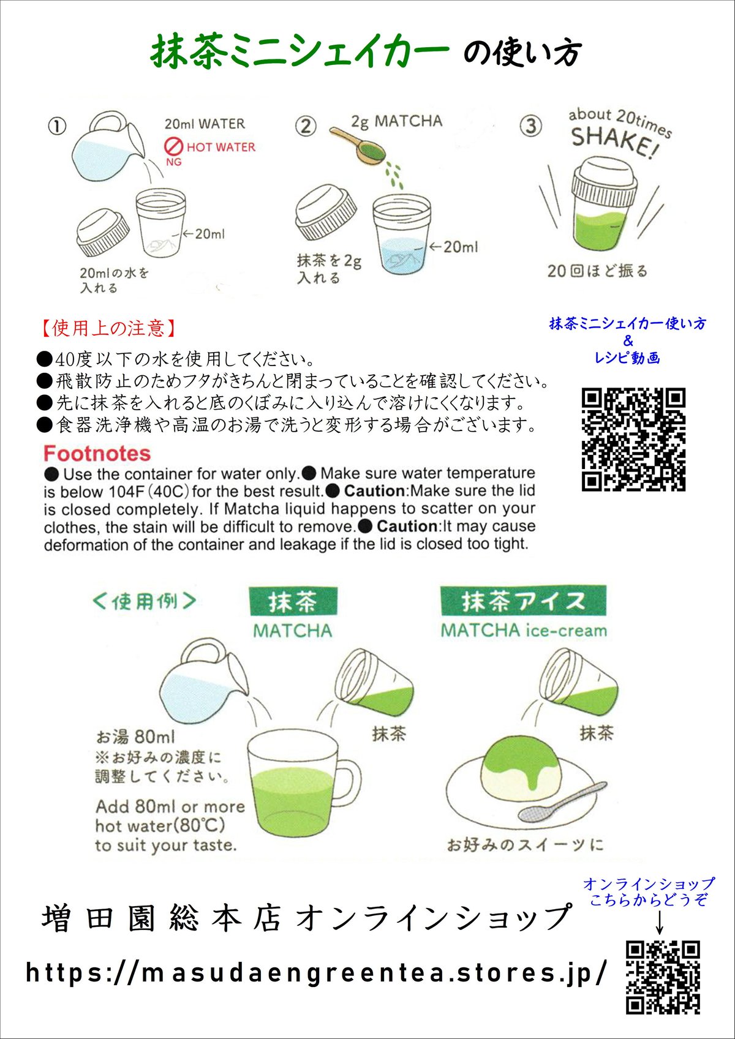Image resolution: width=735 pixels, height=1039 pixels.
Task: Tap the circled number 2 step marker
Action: [x=305, y=126]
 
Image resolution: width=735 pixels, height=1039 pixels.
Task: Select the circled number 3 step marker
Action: [x=530, y=126]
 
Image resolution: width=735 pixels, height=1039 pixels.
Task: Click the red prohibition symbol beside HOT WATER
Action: [x=175, y=146]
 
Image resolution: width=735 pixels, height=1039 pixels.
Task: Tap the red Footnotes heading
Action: [x=97, y=454]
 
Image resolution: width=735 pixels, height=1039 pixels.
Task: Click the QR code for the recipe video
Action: [x=633, y=439]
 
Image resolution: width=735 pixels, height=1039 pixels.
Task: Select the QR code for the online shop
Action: [x=662, y=977]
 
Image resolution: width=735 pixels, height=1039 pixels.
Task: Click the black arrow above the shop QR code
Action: [x=660, y=922]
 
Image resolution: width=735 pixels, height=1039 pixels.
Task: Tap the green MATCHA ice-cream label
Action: [x=524, y=631]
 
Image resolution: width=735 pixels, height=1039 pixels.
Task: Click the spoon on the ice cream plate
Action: [x=560, y=803]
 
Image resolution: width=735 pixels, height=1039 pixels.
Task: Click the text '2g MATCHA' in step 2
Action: [x=396, y=121]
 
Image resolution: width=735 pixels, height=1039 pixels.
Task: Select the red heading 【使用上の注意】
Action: [x=109, y=328]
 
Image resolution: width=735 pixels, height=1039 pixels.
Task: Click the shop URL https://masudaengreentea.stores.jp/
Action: [x=317, y=972]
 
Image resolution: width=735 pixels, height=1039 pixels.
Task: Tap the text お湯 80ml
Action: [x=135, y=737]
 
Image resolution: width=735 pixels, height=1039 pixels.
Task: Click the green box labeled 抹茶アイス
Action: [x=523, y=601]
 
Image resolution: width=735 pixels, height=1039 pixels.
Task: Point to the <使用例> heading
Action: [x=145, y=601]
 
